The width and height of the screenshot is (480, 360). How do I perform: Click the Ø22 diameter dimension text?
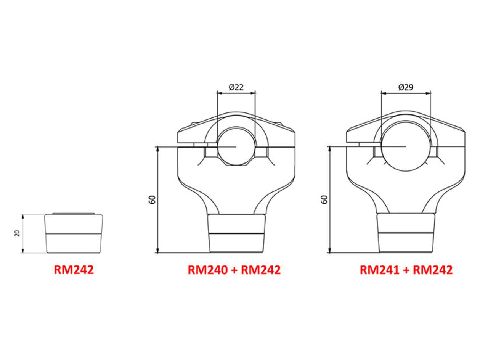(236, 87)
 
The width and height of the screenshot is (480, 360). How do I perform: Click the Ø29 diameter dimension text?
(406, 87)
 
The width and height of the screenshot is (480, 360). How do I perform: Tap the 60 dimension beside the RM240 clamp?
(152, 199)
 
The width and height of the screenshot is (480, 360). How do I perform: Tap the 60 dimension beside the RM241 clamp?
(324, 199)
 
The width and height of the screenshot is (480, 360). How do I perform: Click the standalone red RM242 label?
(74, 270)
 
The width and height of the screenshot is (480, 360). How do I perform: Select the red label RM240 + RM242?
(234, 270)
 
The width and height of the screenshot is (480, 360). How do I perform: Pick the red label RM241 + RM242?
(406, 270)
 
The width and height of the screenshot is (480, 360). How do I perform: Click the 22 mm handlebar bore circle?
(236, 146)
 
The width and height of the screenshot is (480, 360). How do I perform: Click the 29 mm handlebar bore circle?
(406, 146)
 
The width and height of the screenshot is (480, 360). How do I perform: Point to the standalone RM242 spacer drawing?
(74, 233)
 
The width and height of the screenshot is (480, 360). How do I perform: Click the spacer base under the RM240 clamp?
(236, 233)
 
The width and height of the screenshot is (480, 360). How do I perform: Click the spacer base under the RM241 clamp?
(406, 233)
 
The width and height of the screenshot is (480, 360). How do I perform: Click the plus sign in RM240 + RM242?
(234, 270)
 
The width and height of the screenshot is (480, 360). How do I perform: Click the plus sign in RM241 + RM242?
(406, 270)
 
